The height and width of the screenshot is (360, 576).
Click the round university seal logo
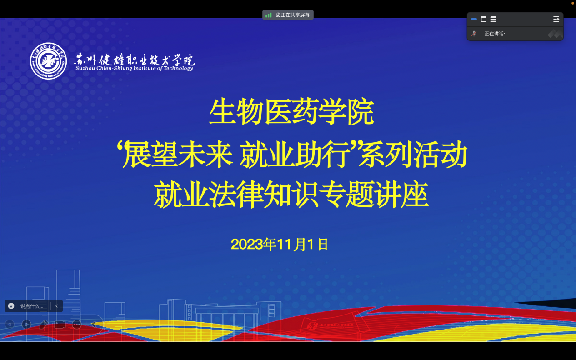[48, 61]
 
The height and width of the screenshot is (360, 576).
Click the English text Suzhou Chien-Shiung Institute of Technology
[135, 68]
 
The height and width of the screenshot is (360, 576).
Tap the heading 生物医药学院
[291, 112]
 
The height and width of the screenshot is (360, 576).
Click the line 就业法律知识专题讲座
[291, 194]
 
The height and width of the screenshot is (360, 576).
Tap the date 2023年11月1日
[280, 244]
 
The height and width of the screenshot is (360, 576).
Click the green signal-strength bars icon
[269, 15]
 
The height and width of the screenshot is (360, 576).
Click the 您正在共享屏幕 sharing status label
[293, 15]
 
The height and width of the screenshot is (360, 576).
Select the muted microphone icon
[474, 34]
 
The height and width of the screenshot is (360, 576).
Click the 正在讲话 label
[495, 34]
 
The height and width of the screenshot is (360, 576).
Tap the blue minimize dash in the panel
[474, 19]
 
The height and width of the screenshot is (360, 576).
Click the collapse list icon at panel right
[556, 19]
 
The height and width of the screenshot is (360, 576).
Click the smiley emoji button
[11, 306]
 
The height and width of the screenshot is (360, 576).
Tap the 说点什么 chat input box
[32, 306]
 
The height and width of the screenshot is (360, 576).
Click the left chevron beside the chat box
[56, 306]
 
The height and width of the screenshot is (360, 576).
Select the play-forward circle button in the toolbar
[26, 325]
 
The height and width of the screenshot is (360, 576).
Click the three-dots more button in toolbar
[77, 325]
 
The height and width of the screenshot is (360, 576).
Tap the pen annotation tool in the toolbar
[43, 325]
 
